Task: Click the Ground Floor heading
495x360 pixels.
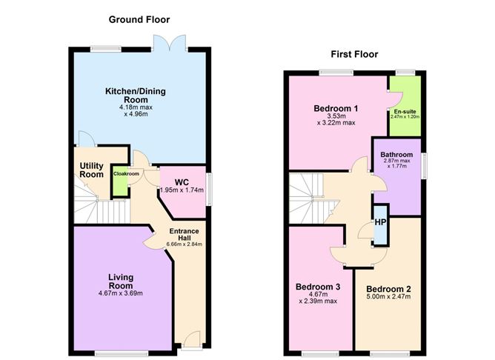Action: coord(139,19)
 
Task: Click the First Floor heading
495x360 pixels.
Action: coord(354,54)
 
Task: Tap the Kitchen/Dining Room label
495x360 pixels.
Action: coord(136,96)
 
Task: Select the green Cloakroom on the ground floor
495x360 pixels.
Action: coord(120,181)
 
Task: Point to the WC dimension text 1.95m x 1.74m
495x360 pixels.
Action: coord(182,190)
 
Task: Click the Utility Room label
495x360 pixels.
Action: coord(92,170)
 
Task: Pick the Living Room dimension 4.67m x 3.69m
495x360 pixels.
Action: coord(121,293)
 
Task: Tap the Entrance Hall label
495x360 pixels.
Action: coord(184,234)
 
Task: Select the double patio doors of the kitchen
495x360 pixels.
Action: coord(169,43)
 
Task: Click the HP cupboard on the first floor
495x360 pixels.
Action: coord(380,225)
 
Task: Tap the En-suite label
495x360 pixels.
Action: coord(405,111)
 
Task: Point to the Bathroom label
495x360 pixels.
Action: coord(396,155)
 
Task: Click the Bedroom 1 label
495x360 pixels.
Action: coord(336,109)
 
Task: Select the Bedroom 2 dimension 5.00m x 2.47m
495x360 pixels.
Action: coord(388,296)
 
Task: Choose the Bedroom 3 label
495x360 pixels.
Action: coord(318,287)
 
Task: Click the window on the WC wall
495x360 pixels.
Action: coord(209,189)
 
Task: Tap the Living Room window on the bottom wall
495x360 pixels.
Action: coord(122,353)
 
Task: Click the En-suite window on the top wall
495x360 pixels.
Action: coord(405,73)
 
